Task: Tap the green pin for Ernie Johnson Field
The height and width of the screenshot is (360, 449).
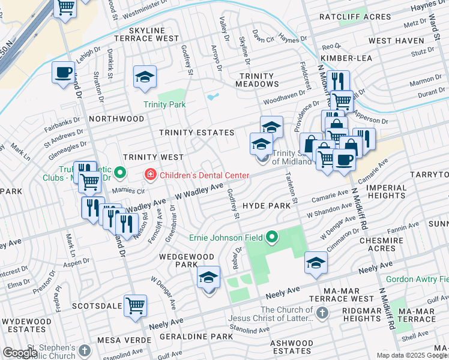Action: [x=273, y=238]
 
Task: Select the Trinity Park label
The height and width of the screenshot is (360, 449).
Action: [x=164, y=104]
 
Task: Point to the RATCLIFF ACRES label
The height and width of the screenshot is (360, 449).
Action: [x=355, y=17]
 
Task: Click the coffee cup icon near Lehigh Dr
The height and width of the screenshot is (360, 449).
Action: [x=63, y=73]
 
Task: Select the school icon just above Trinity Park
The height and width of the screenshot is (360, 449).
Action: [x=145, y=77]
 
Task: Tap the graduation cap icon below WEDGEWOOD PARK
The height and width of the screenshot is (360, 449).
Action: [x=208, y=277]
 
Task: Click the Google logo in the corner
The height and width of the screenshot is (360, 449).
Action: [x=20, y=353]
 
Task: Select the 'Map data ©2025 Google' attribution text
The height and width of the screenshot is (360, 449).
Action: [x=412, y=355]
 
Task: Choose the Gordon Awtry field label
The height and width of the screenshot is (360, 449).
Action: [x=417, y=279]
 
